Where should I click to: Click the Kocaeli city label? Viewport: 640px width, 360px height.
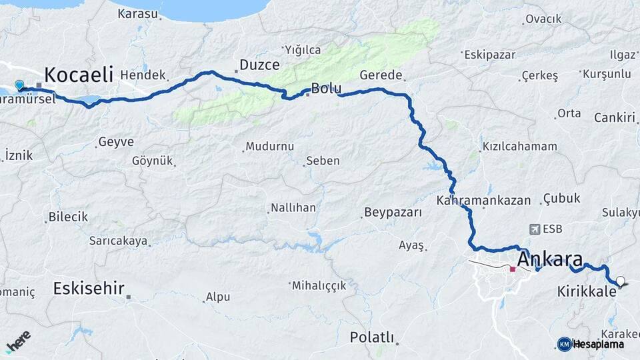[x=79, y=75]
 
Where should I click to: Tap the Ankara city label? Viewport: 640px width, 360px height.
[x=550, y=259]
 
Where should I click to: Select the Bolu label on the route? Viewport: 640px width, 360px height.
[x=326, y=89]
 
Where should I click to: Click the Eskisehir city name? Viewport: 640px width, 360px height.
[x=89, y=289]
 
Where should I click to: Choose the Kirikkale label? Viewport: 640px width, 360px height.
[x=585, y=291]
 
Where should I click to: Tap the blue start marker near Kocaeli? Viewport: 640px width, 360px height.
[x=19, y=85]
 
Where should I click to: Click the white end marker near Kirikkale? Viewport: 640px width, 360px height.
[x=621, y=281]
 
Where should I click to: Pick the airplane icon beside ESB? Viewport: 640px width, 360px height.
[x=533, y=229]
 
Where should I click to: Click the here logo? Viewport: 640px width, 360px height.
[x=18, y=341]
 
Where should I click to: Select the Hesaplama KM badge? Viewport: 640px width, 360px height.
[x=565, y=344]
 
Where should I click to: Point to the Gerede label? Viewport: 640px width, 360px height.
[x=381, y=75]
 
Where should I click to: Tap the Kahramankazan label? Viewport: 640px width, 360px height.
[x=484, y=200]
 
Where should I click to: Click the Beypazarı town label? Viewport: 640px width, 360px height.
[x=393, y=213]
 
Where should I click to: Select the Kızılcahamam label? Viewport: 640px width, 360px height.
[x=510, y=147]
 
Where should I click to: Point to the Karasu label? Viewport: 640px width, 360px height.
[x=137, y=13]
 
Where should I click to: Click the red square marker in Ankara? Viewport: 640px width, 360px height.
[x=513, y=269]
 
